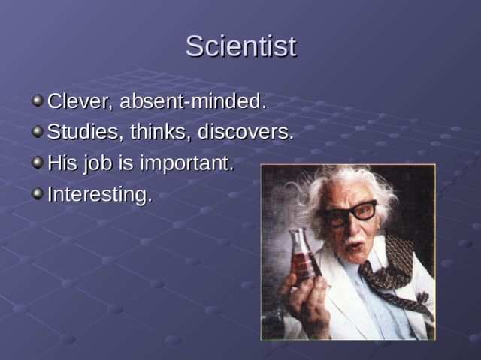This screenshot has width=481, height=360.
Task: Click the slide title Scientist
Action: pos(240,46)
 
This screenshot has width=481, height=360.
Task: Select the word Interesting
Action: pos(99,195)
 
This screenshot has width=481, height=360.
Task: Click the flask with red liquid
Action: pos(303,259)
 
